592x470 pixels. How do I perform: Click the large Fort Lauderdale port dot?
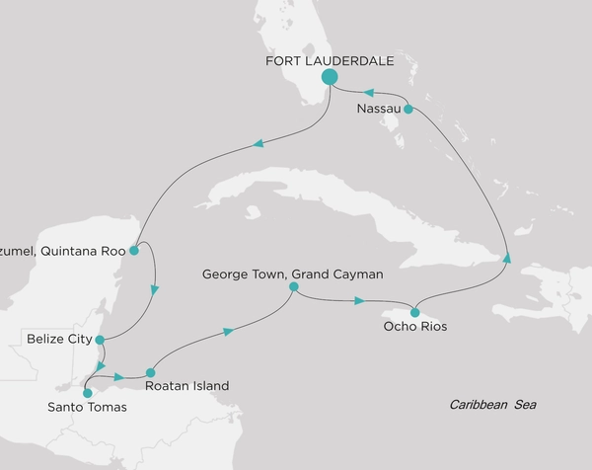tap(330, 77)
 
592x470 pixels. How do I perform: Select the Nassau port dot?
tap(408, 110)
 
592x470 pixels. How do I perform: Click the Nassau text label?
tap(378, 110)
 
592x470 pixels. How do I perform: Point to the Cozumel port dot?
tap(134, 250)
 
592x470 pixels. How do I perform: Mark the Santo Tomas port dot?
tap(87, 392)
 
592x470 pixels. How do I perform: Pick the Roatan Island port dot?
tap(150, 372)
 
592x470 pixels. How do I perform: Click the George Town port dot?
tap(293, 286)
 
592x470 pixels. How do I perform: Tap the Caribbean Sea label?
tap(491, 405)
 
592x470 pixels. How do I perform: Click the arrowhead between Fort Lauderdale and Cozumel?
tap(259, 145)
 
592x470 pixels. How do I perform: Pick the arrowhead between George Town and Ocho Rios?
tap(360, 299)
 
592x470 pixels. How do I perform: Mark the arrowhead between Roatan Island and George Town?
tap(229, 332)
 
